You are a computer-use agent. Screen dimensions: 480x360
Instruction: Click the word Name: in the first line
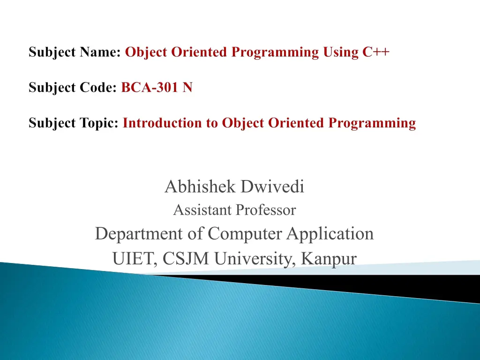click(100, 52)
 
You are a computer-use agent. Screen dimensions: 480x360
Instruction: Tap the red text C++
click(376, 52)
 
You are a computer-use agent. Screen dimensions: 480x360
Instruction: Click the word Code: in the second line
click(98, 87)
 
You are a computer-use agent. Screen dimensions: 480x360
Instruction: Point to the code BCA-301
click(150, 87)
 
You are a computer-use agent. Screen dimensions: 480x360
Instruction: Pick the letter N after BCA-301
click(187, 87)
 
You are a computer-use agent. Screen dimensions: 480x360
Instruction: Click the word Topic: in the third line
click(99, 123)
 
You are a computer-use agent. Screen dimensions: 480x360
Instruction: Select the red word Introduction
click(162, 123)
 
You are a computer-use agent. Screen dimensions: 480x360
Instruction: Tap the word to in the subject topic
click(212, 123)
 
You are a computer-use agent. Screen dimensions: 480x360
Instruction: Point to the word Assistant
click(202, 210)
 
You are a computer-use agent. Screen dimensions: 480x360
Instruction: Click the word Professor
click(266, 210)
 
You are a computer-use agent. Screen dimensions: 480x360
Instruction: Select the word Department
click(139, 234)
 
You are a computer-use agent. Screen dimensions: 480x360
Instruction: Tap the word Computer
click(245, 234)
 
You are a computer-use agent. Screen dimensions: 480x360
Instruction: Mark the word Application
click(330, 234)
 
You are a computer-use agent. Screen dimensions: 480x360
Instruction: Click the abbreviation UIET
click(135, 259)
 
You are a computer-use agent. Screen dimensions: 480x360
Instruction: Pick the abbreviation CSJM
click(186, 258)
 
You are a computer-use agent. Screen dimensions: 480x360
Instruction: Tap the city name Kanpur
click(329, 259)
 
